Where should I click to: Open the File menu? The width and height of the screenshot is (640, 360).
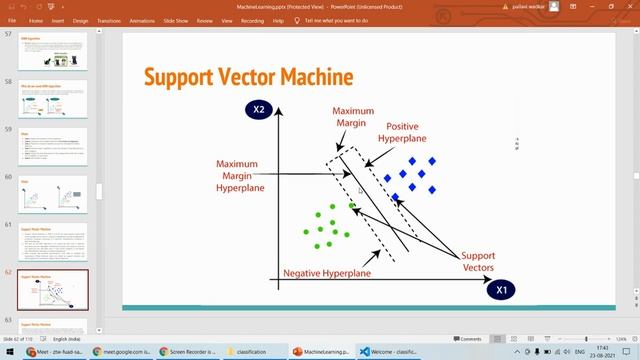click(x=12, y=19)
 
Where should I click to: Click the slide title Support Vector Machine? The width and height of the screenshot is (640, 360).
click(x=248, y=77)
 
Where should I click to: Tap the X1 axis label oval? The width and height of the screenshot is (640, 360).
click(x=504, y=290)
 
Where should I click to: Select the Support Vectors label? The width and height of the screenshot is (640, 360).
click(x=478, y=262)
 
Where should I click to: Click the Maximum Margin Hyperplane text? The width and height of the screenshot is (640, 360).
click(x=243, y=175)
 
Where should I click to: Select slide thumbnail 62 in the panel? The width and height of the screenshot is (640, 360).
click(x=53, y=289)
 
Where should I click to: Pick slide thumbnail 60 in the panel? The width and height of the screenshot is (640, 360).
click(x=53, y=195)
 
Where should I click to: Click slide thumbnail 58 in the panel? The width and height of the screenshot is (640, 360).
click(x=53, y=100)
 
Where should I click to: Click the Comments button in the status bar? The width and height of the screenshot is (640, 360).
click(x=467, y=339)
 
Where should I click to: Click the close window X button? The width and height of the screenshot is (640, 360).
click(x=628, y=6)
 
